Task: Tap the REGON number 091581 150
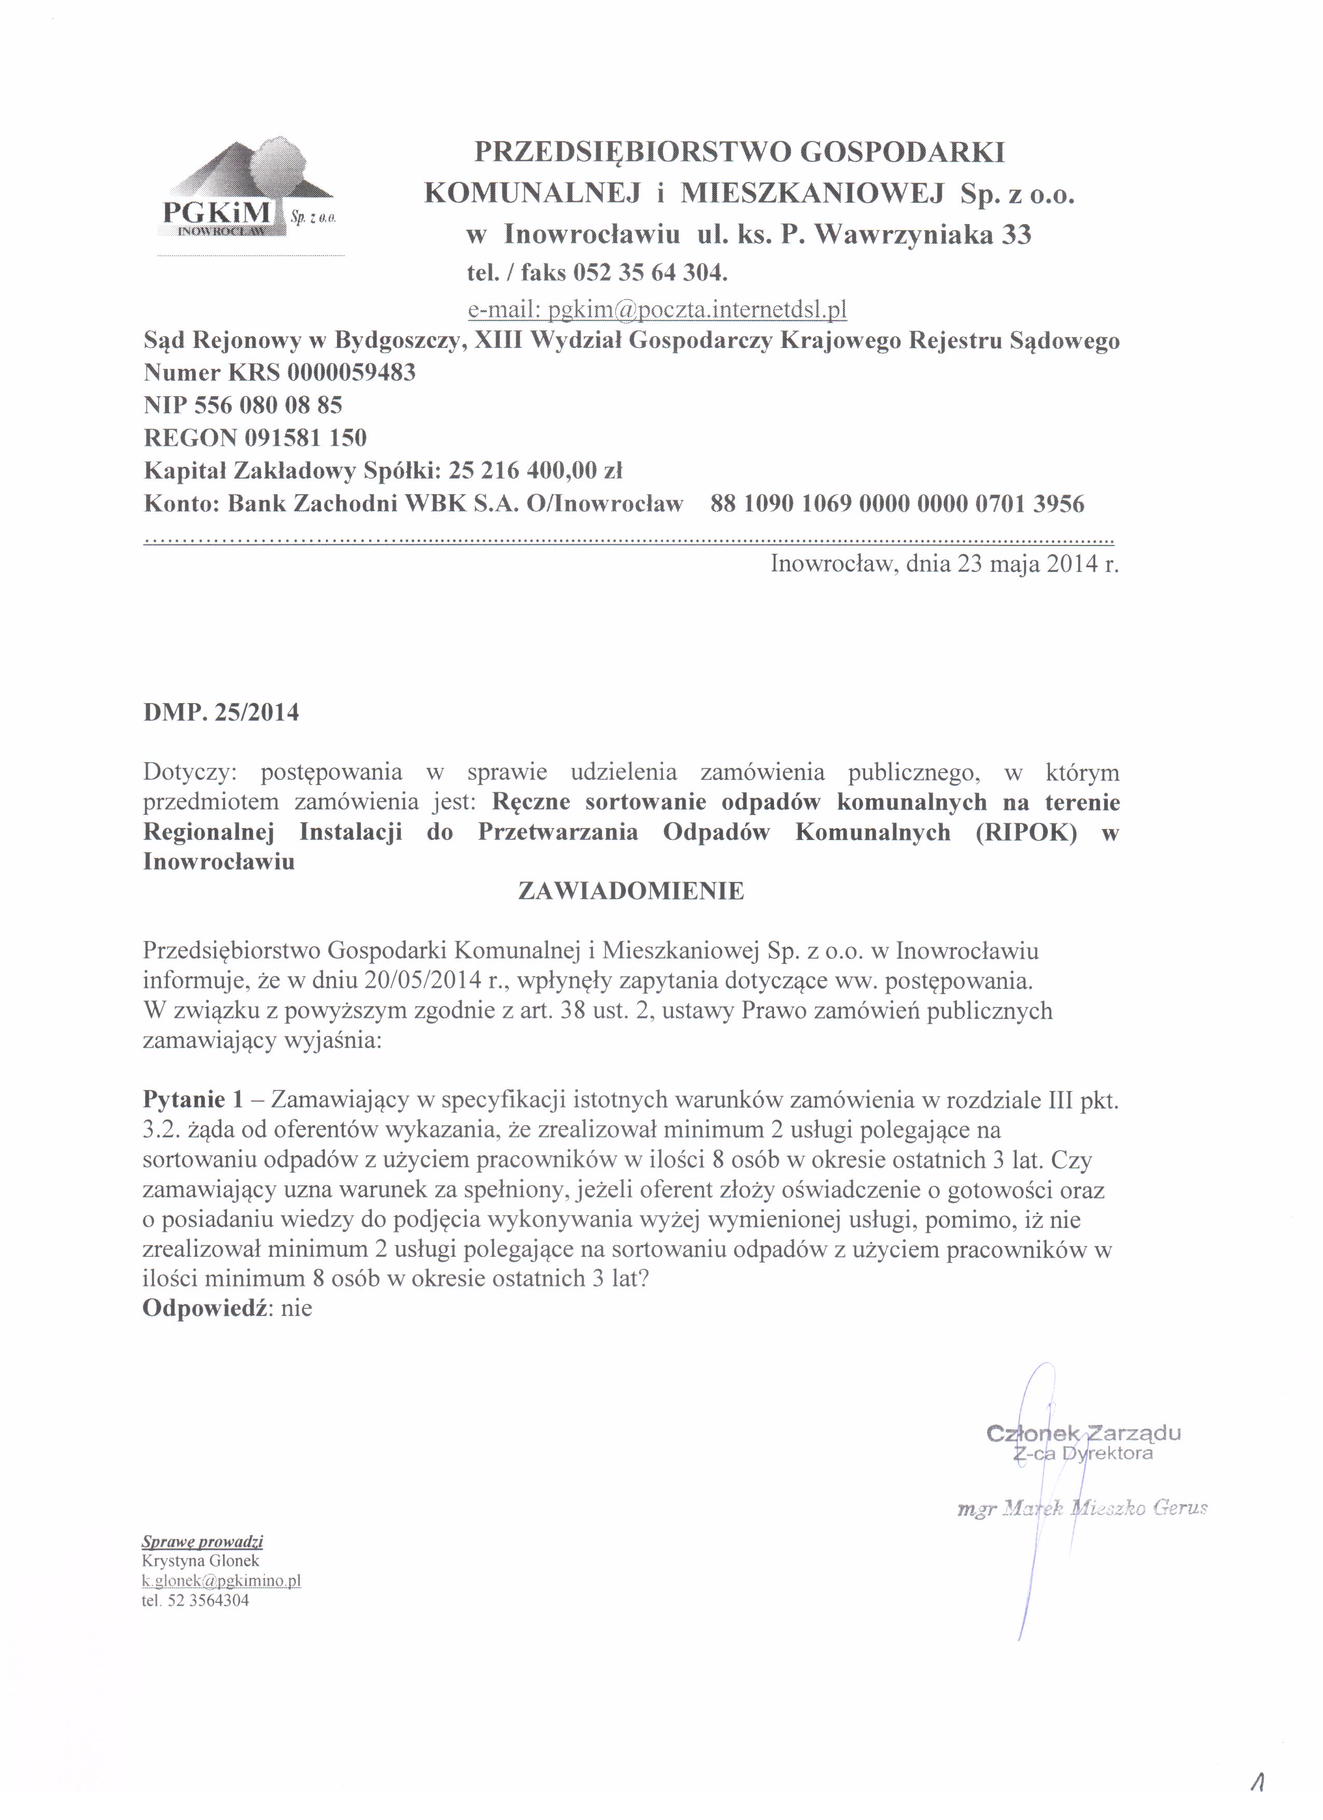click(x=300, y=438)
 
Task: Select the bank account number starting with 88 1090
click(x=897, y=504)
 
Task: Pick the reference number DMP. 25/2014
click(x=221, y=712)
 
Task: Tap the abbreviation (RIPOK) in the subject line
click(x=1026, y=832)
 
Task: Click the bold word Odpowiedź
click(x=205, y=1309)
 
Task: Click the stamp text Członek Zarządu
click(x=1083, y=1433)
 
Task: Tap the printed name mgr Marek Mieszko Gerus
click(x=1082, y=1509)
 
